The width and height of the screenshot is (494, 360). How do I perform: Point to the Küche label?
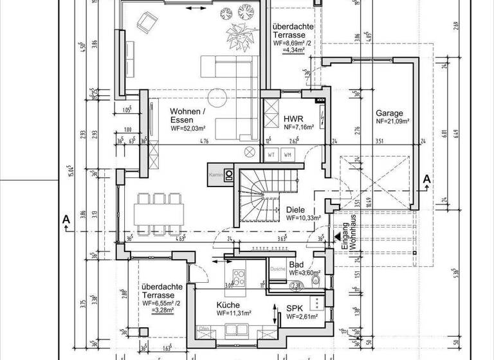[x=228, y=305]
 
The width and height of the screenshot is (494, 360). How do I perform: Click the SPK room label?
[x=295, y=309]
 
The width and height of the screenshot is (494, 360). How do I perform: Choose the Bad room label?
[x=297, y=264]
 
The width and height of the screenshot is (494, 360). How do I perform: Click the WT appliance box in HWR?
[x=271, y=155]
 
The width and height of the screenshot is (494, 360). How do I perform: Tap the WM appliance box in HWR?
[x=288, y=155]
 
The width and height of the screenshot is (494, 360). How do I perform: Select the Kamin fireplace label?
[x=215, y=174]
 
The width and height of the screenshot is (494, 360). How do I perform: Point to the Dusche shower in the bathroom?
[x=278, y=269]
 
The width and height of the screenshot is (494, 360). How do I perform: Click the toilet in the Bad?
[x=316, y=302]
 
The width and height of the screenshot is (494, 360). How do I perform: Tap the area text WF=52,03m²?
[x=188, y=129]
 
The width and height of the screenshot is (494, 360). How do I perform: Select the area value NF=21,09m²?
[x=393, y=121]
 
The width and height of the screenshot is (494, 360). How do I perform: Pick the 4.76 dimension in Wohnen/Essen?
[x=204, y=140]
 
